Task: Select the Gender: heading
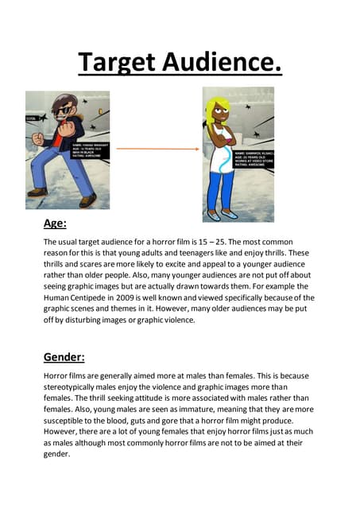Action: (65, 356)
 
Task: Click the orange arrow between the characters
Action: (156, 148)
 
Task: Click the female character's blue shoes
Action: (221, 215)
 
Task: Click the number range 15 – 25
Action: (257, 241)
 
